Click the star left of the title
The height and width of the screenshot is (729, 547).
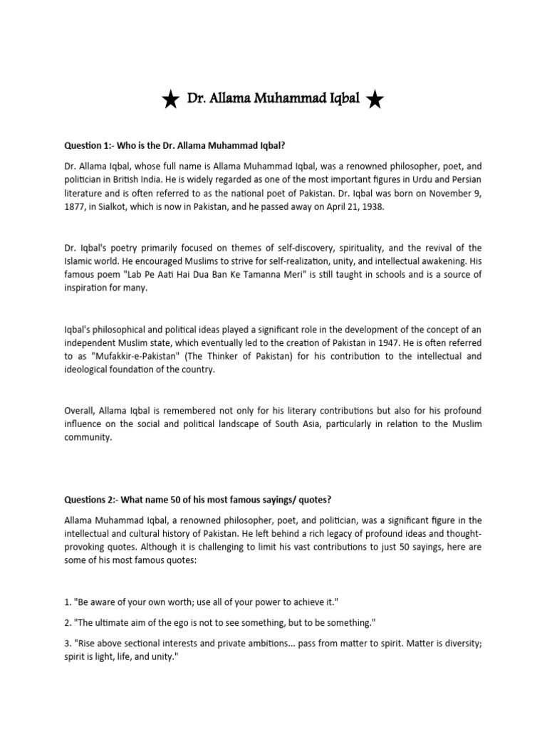170,101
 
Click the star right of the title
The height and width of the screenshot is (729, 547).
375,101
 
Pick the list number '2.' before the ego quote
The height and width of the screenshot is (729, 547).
68,623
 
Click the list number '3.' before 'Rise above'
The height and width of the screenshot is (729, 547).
68,644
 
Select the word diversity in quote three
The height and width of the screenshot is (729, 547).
449,644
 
